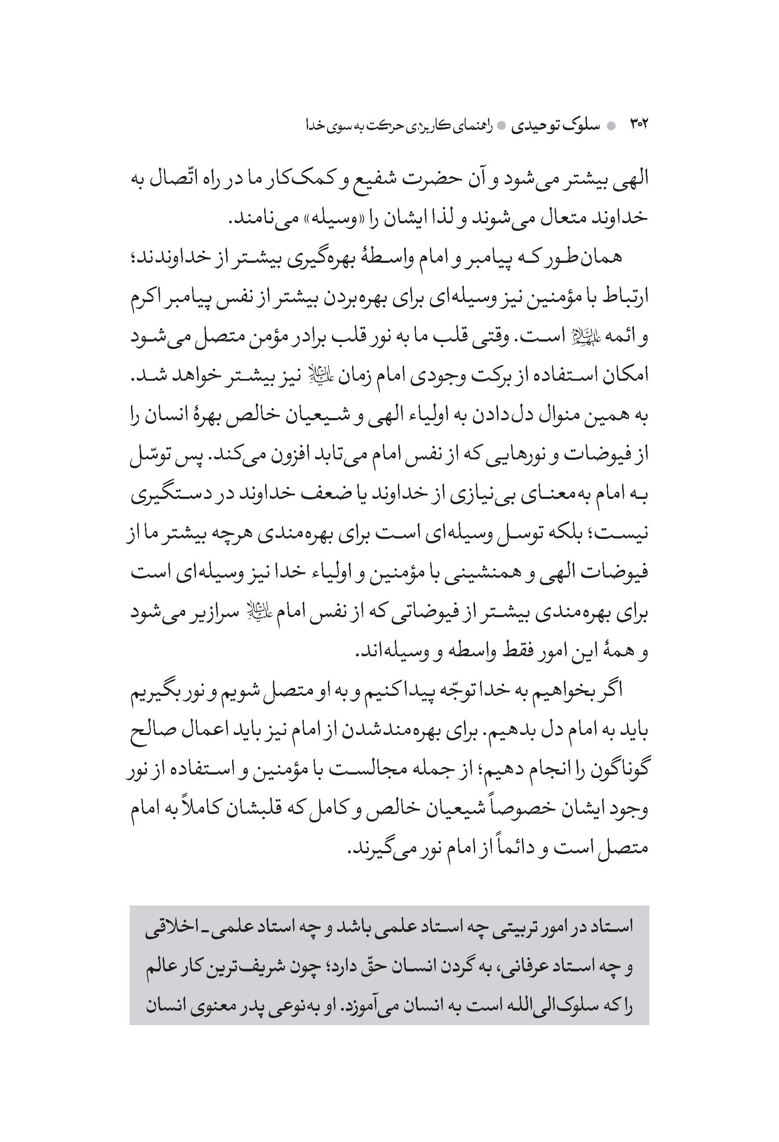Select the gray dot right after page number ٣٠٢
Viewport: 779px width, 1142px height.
pos(611,125)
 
